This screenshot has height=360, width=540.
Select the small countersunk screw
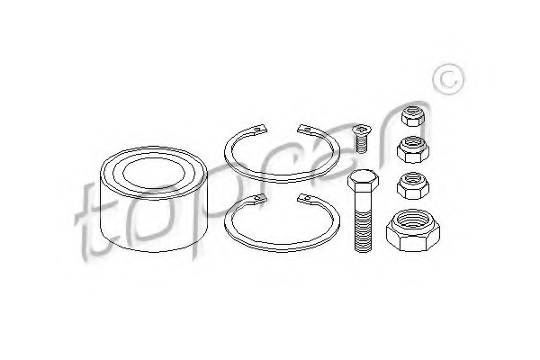pos(360,139)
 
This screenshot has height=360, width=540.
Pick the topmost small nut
pos(412,116)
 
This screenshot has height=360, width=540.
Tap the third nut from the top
pos(412,185)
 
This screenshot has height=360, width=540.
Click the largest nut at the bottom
pos(412,230)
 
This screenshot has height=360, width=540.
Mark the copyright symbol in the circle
pos(448,79)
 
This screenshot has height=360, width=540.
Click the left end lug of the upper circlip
pos(260,128)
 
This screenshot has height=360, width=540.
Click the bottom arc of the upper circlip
pos(282,179)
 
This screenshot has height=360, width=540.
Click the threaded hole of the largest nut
pos(412,220)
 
